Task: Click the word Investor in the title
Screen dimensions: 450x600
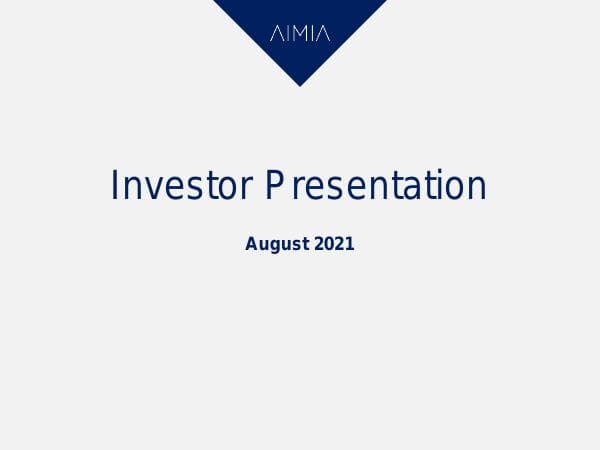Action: click(181, 186)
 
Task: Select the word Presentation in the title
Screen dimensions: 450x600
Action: click(376, 186)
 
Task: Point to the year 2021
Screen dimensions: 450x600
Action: click(335, 243)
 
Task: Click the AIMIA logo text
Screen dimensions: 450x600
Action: click(300, 34)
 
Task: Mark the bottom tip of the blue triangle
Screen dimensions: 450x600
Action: click(300, 85)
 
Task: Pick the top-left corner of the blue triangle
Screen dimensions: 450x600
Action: click(214, 1)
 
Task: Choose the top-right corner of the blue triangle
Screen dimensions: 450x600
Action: click(386, 1)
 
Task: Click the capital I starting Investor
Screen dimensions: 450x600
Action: click(115, 186)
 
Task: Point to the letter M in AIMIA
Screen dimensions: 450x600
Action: click(300, 34)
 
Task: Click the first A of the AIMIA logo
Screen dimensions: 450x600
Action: click(276, 34)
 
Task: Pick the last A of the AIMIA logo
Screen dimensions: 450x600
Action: click(323, 34)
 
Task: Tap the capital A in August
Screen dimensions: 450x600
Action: click(251, 243)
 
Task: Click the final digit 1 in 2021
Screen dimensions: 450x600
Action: click(350, 243)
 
